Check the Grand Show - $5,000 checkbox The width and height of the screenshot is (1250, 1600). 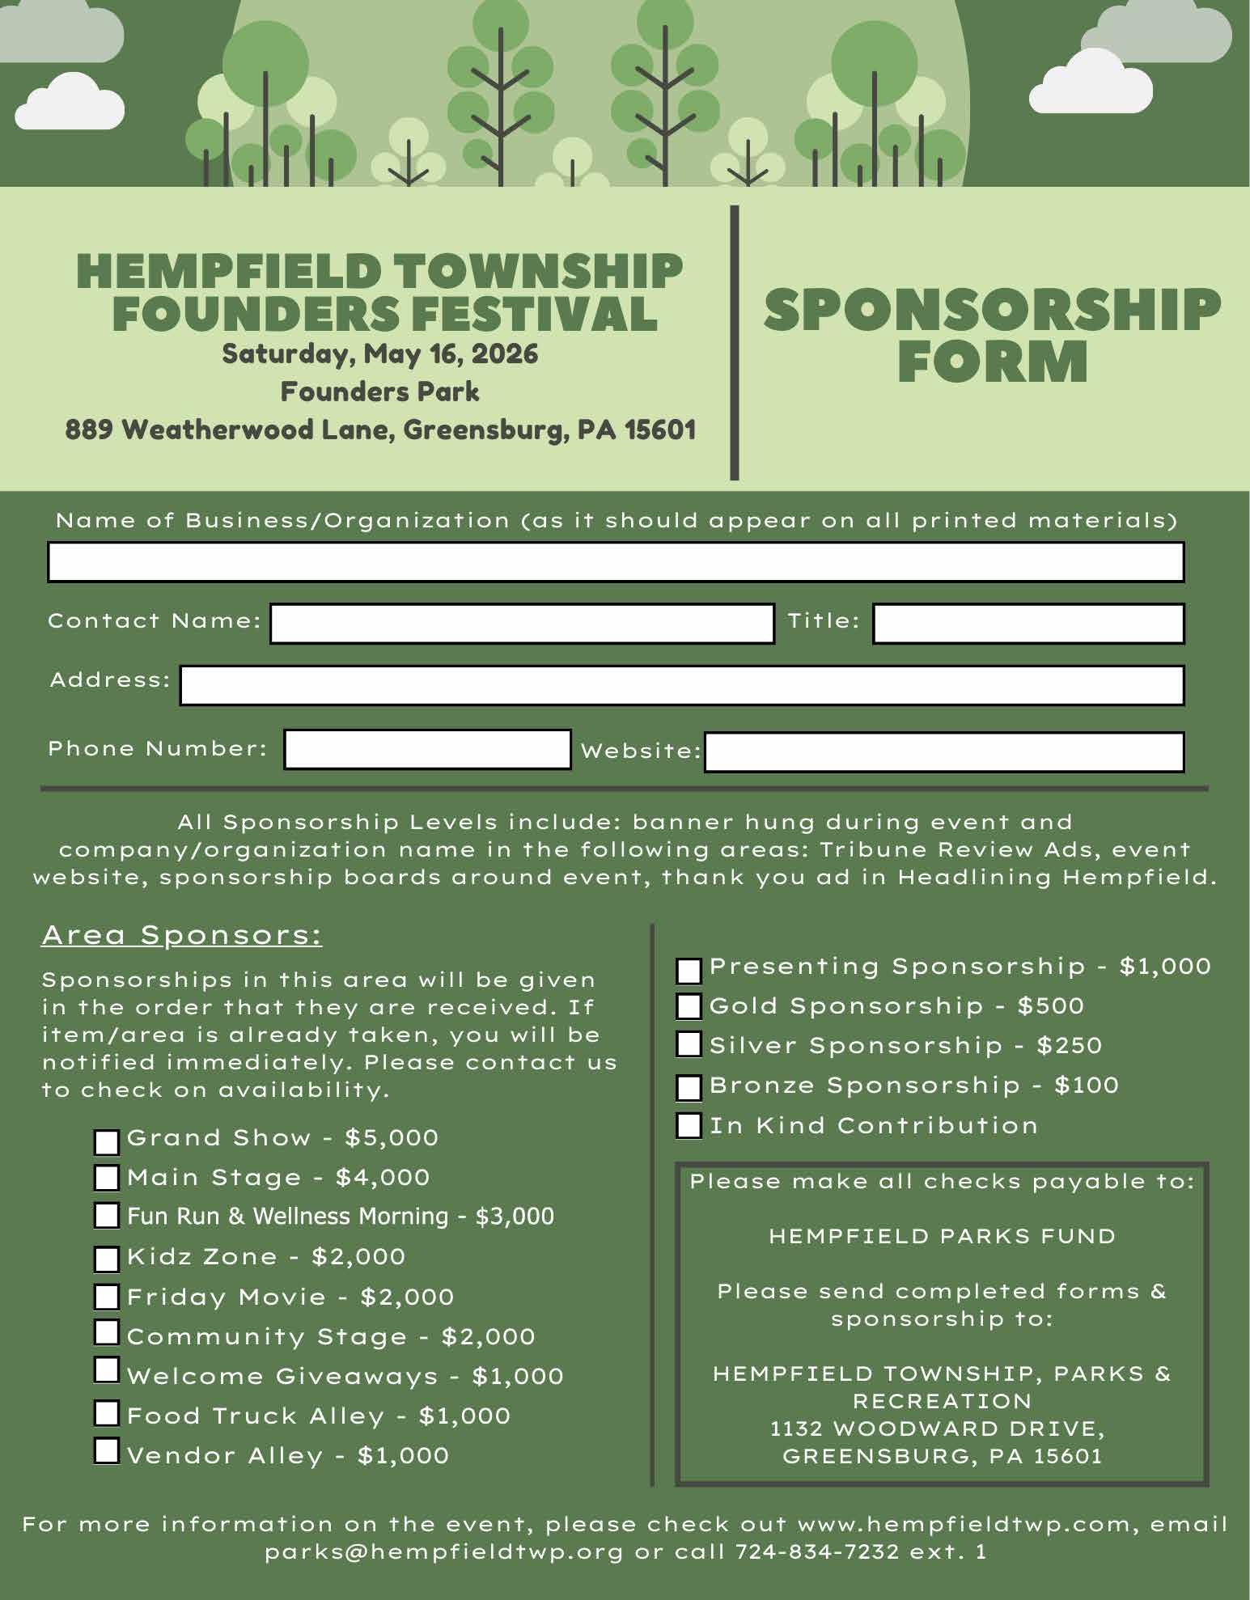107,1141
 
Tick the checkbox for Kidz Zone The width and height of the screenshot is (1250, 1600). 107,1259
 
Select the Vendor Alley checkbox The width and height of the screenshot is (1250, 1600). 107,1451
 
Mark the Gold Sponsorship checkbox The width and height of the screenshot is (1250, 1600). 689,1006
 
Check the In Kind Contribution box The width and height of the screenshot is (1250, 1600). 689,1125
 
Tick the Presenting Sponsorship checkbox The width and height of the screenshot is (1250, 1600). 689,971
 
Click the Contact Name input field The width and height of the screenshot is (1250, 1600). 522,624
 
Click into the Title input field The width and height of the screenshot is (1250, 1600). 1028,624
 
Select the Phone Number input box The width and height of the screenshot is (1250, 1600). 427,749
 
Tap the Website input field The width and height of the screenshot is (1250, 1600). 944,752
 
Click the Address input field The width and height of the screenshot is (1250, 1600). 682,685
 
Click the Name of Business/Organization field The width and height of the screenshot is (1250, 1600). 616,562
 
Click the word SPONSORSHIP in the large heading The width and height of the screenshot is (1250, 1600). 992,310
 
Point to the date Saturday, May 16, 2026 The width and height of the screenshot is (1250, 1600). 380,354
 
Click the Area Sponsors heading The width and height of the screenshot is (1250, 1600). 182,935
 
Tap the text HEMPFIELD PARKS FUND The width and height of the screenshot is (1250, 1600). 942,1236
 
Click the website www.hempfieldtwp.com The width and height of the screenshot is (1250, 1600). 964,1524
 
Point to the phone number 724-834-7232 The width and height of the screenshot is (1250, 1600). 817,1551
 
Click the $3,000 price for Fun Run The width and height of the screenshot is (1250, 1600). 515,1217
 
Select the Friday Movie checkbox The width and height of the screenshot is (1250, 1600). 107,1297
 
